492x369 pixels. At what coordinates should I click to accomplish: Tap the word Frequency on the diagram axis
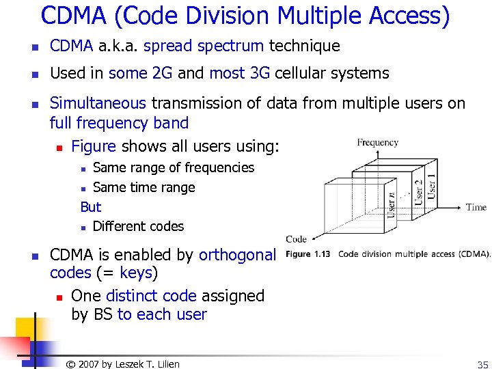377,142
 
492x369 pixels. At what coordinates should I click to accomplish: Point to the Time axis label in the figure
476,207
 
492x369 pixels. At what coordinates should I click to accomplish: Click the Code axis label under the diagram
296,238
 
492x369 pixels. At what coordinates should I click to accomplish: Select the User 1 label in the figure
431,185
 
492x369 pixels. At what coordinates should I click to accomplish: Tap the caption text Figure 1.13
307,254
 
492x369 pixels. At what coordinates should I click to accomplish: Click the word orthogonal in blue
237,255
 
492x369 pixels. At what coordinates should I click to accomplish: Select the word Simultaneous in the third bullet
98,103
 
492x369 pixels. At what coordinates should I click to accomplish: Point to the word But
90,206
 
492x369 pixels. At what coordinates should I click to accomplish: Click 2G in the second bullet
163,73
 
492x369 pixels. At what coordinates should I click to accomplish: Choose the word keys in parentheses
136,273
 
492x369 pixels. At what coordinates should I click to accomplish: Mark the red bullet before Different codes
83,227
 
